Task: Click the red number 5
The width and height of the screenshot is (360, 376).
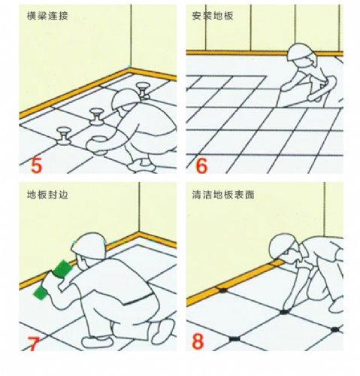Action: (x=36, y=165)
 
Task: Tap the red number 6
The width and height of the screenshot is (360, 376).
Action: (x=201, y=165)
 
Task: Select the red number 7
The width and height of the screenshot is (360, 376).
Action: (x=34, y=344)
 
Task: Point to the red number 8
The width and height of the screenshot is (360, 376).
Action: (x=198, y=341)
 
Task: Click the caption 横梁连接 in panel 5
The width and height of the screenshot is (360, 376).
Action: (x=47, y=17)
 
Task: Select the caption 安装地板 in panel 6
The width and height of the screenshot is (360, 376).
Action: (x=213, y=16)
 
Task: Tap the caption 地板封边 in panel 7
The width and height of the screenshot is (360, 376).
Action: (x=47, y=195)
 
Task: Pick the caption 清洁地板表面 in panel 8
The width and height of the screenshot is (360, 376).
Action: (x=223, y=195)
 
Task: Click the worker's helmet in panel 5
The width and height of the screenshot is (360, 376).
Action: (x=126, y=99)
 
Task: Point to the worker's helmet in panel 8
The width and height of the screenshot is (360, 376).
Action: (x=283, y=246)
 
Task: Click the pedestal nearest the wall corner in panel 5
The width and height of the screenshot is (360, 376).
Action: (x=144, y=91)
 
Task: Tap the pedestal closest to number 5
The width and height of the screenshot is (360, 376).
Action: (x=64, y=136)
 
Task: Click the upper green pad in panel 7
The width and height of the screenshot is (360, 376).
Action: (x=62, y=269)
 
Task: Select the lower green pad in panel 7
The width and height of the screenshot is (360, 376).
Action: (x=41, y=293)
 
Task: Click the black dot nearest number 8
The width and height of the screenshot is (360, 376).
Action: (x=234, y=339)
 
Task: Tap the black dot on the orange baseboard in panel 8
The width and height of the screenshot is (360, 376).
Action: (x=222, y=290)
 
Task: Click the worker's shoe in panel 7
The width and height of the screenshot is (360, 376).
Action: (x=97, y=342)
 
